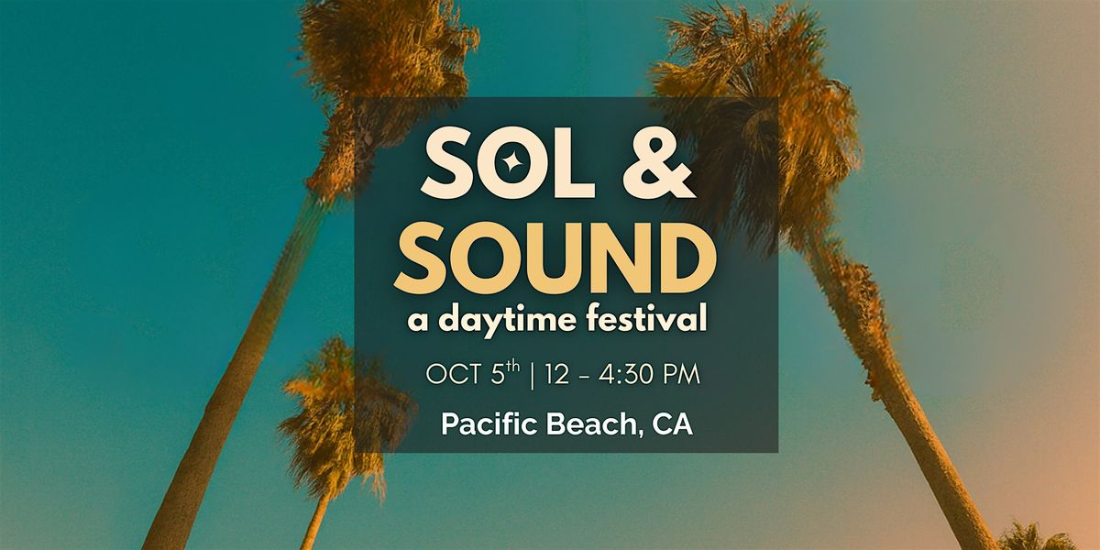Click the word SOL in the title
[508, 162]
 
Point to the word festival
[647, 318]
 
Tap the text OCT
[454, 375]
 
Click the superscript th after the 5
[512, 367]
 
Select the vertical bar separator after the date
[533, 376]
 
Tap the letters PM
[682, 375]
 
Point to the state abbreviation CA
[672, 424]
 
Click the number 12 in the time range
[557, 375]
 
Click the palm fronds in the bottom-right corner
[1036, 538]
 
